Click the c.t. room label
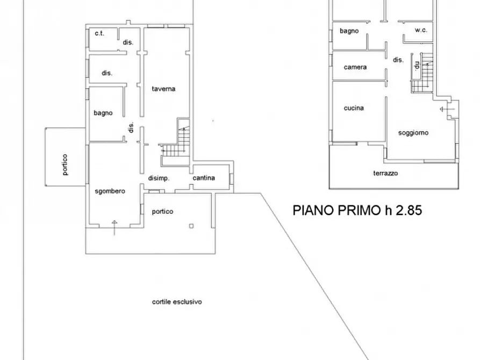(x=99, y=33)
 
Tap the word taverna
(x=163, y=89)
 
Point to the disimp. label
(x=159, y=178)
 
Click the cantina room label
(x=204, y=178)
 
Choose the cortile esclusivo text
(x=176, y=302)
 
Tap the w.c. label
(x=421, y=31)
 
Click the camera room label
(x=355, y=67)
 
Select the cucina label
(x=354, y=108)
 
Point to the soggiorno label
(x=413, y=133)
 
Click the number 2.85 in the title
(x=409, y=210)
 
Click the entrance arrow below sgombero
(x=114, y=227)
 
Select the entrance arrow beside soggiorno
(x=446, y=109)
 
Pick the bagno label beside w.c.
(x=349, y=31)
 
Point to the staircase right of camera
(x=422, y=73)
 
